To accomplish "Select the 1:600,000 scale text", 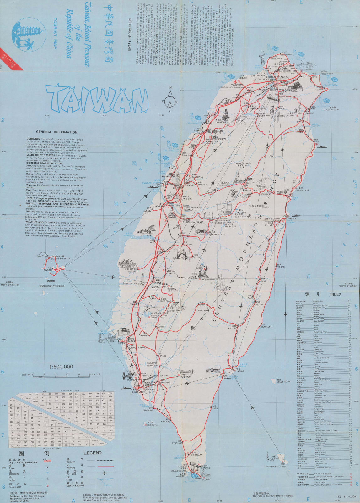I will pos(61,367).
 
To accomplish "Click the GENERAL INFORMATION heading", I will pos(56,132).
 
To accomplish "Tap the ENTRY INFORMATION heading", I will pos(130,34).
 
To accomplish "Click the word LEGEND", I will pos(93,453).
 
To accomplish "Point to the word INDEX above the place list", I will pos(336,294).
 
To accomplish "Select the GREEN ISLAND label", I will pos(284,382).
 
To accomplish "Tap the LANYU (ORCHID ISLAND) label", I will pos(276,467).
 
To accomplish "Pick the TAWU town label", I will pos(215,408).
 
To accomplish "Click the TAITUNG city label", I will pos(240,371).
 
